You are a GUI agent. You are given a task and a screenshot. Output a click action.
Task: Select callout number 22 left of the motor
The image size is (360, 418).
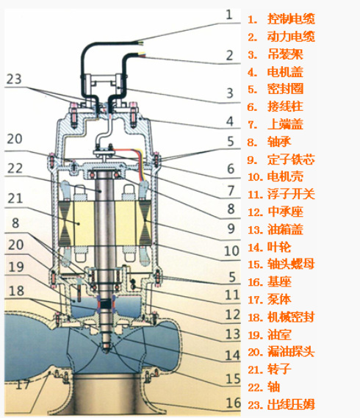point(16,167)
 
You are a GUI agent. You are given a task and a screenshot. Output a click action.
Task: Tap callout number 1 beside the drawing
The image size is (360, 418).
point(228,13)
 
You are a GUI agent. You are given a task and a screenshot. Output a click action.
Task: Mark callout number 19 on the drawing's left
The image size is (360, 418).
point(16,267)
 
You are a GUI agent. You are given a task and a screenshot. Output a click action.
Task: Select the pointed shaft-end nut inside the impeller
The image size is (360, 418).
point(108,345)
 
